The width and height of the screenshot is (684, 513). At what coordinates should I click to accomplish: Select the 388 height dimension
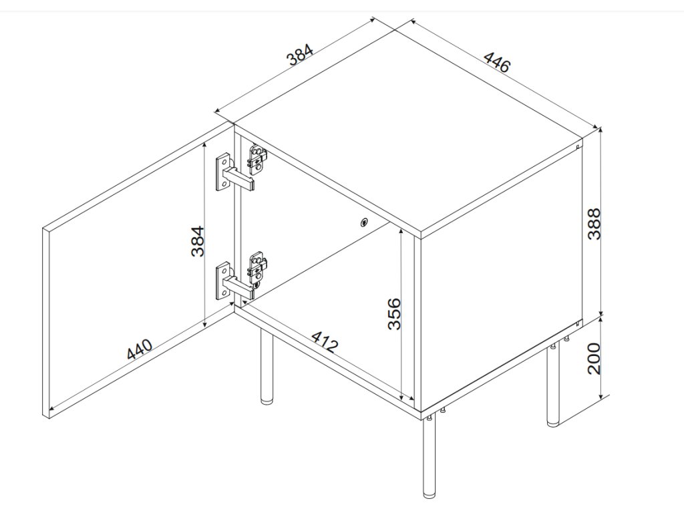pos(594,223)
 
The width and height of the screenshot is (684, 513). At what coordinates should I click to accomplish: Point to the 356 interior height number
pos(395,313)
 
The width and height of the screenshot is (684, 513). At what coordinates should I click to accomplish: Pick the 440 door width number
pos(140,349)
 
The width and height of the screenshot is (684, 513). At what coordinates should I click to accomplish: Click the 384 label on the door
pos(196,240)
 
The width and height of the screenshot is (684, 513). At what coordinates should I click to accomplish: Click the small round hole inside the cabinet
pos(364,223)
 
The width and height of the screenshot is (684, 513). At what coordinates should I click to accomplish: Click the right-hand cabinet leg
pos(552,387)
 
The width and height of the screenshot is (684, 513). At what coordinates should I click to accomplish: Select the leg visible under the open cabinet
pos(267,367)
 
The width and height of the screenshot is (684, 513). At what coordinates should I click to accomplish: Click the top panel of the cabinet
pos(407,127)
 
